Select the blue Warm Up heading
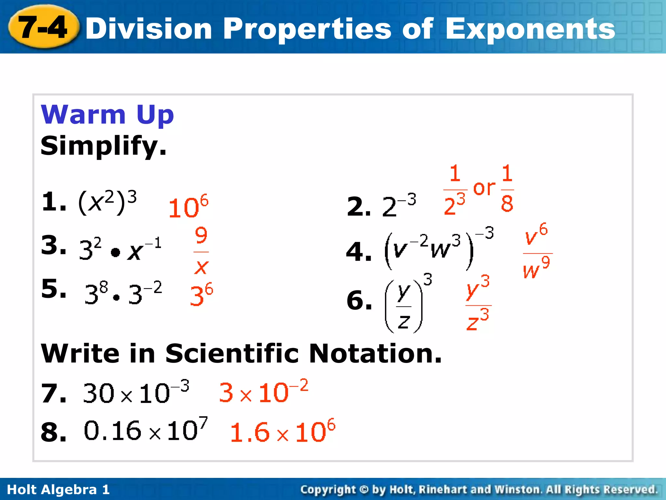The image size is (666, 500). tap(107, 115)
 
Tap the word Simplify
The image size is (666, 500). tap(103, 146)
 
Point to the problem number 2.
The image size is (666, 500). tap(358, 207)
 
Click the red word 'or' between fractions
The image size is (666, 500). tap(484, 188)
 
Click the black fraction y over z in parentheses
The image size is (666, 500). tap(404, 306)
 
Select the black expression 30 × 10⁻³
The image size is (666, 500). tap(136, 392)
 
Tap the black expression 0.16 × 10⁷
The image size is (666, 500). tap(145, 430)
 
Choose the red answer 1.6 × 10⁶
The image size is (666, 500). tap(282, 431)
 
